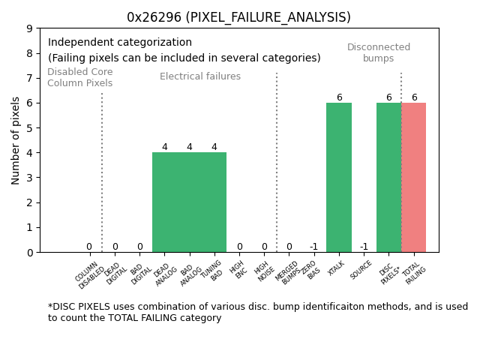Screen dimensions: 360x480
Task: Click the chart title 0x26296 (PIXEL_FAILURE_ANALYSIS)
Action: [238, 17]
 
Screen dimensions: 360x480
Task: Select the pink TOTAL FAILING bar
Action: [413, 177]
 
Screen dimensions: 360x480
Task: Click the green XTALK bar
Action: [339, 177]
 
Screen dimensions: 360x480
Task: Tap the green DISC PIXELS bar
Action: [388, 177]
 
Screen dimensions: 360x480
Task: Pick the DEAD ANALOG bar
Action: [164, 202]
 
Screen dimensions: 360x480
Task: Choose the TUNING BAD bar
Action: [214, 202]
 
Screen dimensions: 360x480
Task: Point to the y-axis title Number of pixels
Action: [16, 140]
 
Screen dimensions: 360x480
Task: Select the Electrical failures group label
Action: [200, 76]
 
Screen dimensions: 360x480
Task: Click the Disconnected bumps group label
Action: [379, 52]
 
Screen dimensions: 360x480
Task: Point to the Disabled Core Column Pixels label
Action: [79, 78]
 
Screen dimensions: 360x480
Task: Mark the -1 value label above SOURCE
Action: [364, 247]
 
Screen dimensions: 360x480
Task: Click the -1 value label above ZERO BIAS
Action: [313, 247]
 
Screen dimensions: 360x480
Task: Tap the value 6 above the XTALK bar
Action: [339, 97]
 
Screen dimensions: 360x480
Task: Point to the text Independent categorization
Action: [120, 43]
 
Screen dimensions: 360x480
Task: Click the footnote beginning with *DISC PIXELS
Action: [258, 312]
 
